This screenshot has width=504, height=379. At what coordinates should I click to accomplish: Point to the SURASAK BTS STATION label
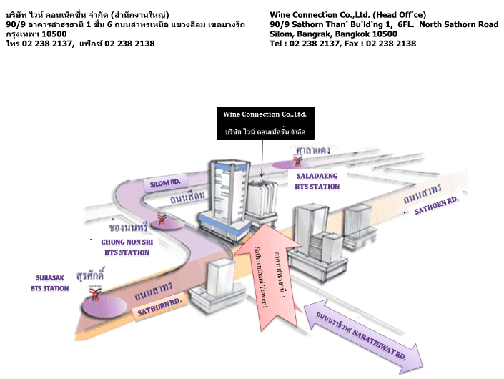point(51,283)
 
